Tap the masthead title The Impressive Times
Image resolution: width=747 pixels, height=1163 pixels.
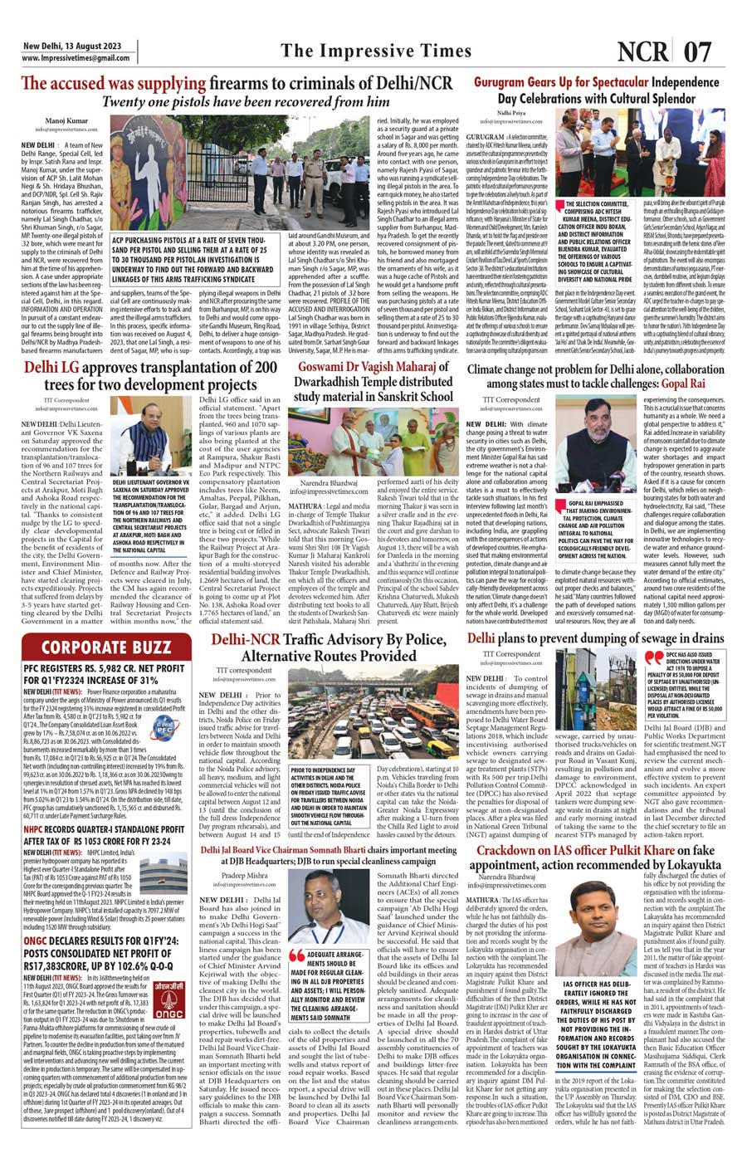(x=376, y=51)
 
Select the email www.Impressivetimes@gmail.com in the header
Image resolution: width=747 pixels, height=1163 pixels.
(x=76, y=58)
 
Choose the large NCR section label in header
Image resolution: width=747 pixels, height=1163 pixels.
(x=645, y=51)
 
